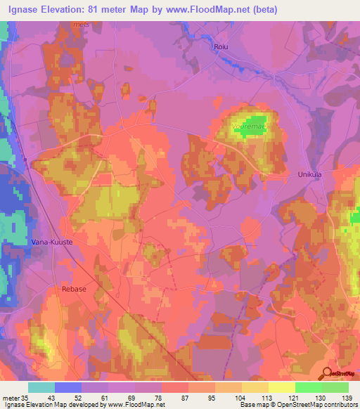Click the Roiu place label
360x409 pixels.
click(221, 46)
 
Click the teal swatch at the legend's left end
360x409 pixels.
click(41, 387)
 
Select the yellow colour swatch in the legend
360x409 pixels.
click(281, 387)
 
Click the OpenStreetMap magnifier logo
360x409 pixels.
click(326, 373)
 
